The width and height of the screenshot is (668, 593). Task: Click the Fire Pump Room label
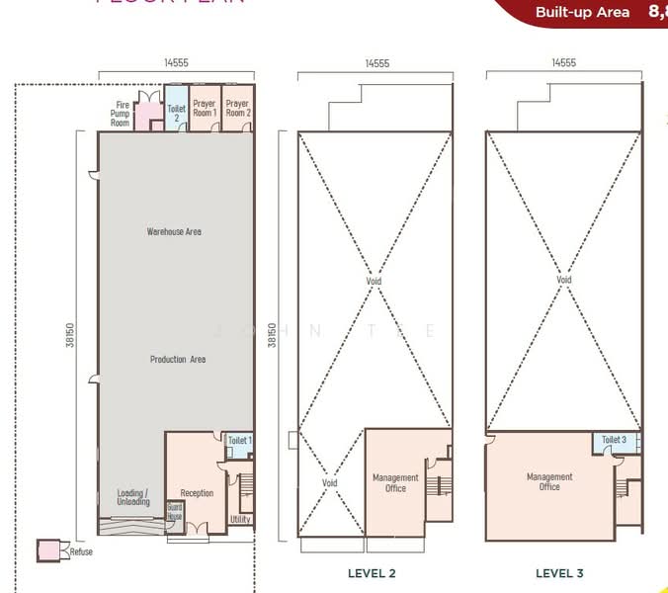coord(121,114)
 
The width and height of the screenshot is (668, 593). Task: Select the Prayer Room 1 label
coord(205,108)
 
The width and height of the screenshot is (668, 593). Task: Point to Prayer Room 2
coord(237,108)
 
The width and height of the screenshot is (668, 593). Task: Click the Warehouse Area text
coord(174,231)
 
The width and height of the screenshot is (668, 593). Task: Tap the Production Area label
coord(177,359)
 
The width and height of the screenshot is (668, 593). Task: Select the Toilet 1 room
coord(239,441)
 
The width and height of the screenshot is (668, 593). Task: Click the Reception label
coord(197,493)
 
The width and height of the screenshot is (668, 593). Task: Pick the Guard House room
coord(175,511)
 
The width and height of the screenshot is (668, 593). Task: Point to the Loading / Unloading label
coord(133,497)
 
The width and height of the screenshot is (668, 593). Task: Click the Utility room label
coord(240,519)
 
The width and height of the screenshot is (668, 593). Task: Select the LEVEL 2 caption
coord(372,573)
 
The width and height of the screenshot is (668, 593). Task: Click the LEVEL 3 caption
coord(559,573)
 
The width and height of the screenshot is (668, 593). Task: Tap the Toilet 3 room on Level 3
coord(614,440)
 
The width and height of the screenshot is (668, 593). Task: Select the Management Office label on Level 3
coord(549,481)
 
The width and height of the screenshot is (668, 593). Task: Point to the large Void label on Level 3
coord(563,280)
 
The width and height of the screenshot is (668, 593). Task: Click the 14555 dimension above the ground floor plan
coord(176,62)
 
